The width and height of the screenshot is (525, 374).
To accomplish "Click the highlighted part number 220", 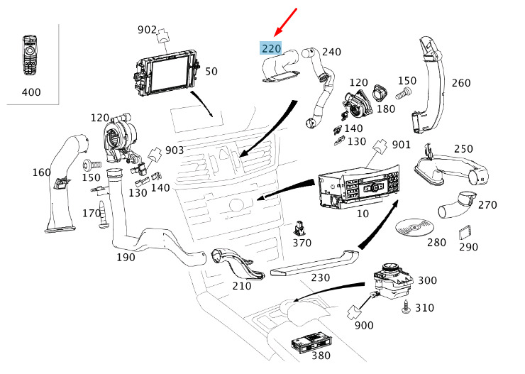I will click(x=271, y=48).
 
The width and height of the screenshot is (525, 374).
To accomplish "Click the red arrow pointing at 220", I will click(x=286, y=21).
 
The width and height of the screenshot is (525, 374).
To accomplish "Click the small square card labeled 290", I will click(x=466, y=232).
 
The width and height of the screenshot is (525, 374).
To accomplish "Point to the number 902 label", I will click(x=147, y=29).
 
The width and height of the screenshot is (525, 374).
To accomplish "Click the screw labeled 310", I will click(x=407, y=307).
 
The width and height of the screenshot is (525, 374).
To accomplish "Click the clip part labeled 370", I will click(x=302, y=229).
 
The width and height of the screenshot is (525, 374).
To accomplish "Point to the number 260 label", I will click(x=461, y=83).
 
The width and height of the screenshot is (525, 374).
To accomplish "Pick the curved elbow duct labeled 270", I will click(x=454, y=207).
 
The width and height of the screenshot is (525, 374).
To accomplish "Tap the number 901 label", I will click(x=401, y=145).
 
